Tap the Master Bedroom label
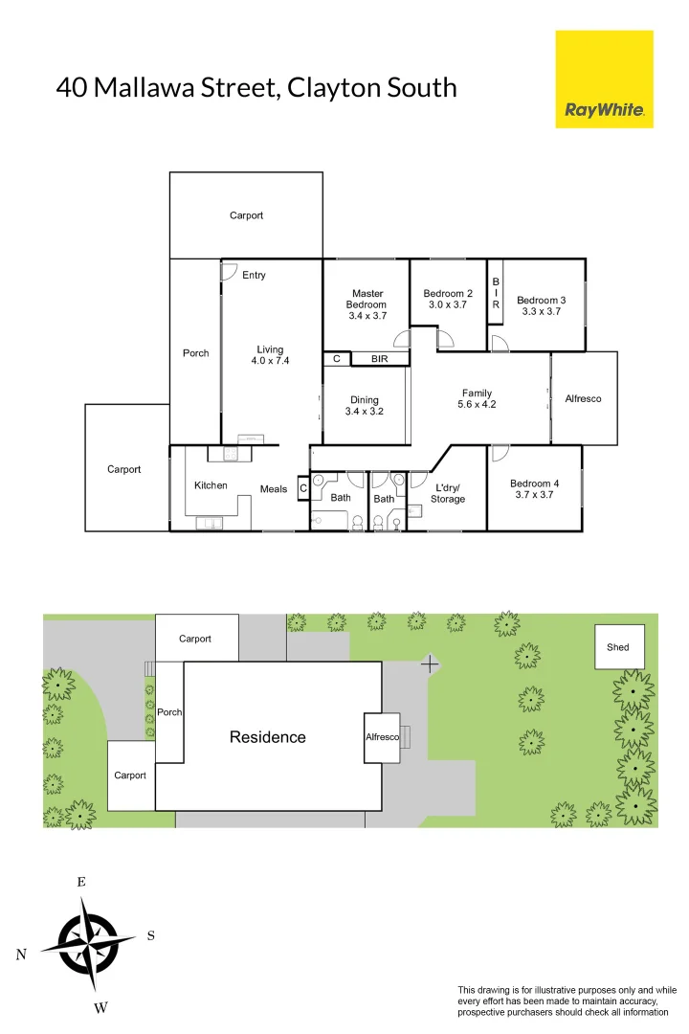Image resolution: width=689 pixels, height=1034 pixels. point(367,299)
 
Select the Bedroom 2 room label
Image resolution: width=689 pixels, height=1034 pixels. point(448,294)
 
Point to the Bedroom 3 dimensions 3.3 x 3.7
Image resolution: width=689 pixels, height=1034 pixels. point(541,311)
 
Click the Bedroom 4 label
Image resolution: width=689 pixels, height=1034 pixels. point(535,483)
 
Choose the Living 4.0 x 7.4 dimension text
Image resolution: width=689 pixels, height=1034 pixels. point(270,361)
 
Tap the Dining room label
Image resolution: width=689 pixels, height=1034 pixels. point(364,400)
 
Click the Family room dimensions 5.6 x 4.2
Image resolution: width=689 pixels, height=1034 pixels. point(477,404)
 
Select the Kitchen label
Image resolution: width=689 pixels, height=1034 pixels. point(211,485)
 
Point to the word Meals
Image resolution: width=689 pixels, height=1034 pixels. point(274,489)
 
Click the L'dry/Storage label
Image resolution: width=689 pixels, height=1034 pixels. point(448,493)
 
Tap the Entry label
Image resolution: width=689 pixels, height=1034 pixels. point(254,276)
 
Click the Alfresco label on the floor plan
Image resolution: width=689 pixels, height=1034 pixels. point(583,398)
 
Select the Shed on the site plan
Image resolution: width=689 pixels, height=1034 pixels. point(618,647)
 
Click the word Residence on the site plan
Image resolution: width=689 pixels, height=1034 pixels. point(268,737)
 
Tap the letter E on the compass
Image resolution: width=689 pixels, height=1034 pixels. point(81,882)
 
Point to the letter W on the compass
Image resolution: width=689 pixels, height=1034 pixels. point(100,1007)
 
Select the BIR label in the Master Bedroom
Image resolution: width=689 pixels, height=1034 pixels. point(379,359)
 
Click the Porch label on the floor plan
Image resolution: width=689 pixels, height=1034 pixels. point(195,353)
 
